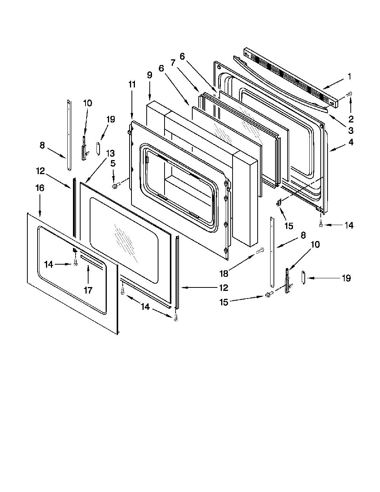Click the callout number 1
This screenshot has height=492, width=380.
(x=350, y=76)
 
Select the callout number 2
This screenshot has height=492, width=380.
(x=351, y=119)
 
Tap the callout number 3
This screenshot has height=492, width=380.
(x=351, y=130)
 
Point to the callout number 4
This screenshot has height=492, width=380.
(x=351, y=142)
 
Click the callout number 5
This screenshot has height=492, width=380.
(x=113, y=163)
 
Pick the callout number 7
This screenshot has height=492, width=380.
(x=173, y=62)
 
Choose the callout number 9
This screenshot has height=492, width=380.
(x=149, y=75)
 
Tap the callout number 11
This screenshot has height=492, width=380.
(x=132, y=84)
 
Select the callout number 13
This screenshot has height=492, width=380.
(x=110, y=153)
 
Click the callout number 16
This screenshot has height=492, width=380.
(x=40, y=188)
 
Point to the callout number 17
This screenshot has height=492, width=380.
(x=88, y=290)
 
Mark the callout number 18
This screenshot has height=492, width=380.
(x=224, y=274)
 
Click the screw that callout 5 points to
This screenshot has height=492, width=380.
(x=115, y=186)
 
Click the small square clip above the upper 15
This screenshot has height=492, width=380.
(x=278, y=202)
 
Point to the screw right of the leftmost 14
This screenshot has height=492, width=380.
(x=76, y=263)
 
